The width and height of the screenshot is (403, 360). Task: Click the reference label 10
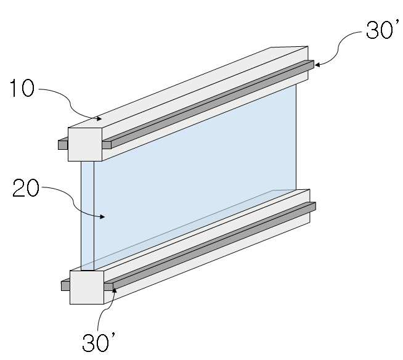22,88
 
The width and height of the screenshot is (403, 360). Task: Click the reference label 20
26,188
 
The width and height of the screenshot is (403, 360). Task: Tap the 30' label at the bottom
99,342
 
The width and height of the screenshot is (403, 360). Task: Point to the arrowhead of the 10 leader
99,118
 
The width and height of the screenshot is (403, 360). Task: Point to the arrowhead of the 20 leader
102,216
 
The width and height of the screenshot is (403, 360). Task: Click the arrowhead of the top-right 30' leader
317,65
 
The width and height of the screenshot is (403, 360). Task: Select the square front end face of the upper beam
85,144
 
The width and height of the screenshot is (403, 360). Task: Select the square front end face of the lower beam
87,287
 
